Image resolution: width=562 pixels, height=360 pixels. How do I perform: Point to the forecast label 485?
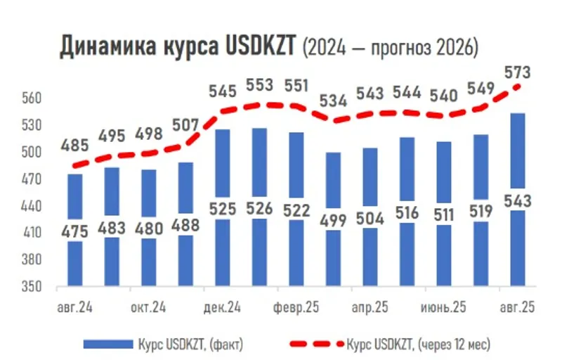coord(75,146)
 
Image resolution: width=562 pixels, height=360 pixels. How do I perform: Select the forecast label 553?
coord(259,84)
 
